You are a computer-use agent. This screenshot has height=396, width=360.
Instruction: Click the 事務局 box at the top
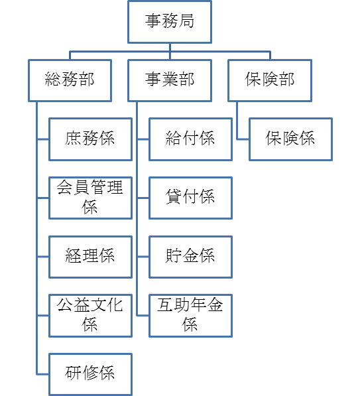pyautogui.click(x=170, y=22)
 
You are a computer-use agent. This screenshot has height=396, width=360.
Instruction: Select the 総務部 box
pyautogui.click(x=70, y=80)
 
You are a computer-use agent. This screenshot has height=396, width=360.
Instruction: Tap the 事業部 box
pyautogui.click(x=170, y=80)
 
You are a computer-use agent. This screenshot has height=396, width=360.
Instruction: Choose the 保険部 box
pyautogui.click(x=270, y=80)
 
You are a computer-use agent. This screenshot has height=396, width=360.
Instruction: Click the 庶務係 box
pyautogui.click(x=90, y=139)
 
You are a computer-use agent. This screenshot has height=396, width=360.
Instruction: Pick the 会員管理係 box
pyautogui.click(x=90, y=198)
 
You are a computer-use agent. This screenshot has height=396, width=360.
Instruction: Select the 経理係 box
pyautogui.click(x=90, y=257)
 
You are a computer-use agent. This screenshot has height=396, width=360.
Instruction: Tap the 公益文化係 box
pyautogui.click(x=90, y=316)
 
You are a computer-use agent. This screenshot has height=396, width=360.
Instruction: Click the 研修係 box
pyautogui.click(x=90, y=374)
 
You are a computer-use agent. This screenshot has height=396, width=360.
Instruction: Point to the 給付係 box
pyautogui.click(x=190, y=139)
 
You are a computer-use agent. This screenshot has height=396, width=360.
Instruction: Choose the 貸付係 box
pyautogui.click(x=190, y=198)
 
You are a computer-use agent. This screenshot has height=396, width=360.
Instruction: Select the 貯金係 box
pyautogui.click(x=190, y=257)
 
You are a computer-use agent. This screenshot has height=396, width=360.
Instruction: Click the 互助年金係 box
pyautogui.click(x=190, y=316)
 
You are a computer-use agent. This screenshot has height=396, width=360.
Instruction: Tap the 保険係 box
pyautogui.click(x=290, y=139)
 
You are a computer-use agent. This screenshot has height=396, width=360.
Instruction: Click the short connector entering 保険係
pyautogui.click(x=243, y=139)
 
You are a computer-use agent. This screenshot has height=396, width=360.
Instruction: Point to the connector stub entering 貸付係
pyautogui.click(x=143, y=198)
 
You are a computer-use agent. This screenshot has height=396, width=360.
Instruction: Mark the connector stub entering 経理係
pyautogui.click(x=43, y=257)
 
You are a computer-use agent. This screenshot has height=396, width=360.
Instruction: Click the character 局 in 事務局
pyautogui.click(x=186, y=21)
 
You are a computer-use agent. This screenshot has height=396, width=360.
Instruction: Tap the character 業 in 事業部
pyautogui.click(x=170, y=79)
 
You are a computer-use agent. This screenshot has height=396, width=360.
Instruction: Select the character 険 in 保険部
pyautogui.click(x=270, y=79)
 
